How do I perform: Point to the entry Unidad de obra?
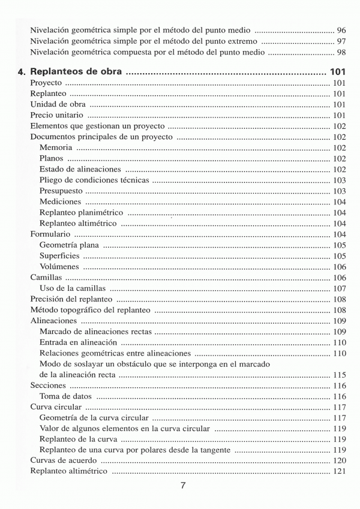[58, 104]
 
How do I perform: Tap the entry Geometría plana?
[70, 245]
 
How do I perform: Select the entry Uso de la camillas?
[73, 288]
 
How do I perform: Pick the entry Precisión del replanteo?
[71, 299]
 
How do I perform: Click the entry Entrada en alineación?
[78, 342]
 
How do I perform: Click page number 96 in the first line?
[341, 30]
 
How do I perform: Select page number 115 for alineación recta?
[339, 375]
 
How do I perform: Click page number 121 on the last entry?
[339, 471]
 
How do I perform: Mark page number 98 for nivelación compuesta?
[341, 52]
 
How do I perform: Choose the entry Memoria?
[56, 147]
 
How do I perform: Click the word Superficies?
[59, 255]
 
